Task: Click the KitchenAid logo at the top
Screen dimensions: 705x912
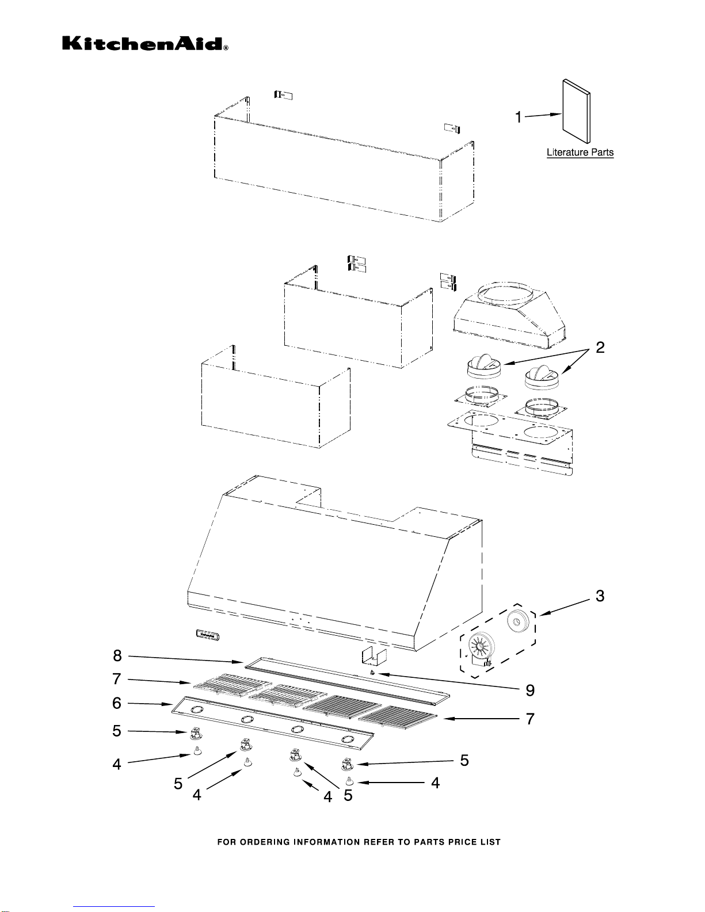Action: tap(145, 43)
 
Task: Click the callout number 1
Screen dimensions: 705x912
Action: tap(519, 117)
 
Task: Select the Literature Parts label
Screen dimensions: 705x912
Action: tap(580, 152)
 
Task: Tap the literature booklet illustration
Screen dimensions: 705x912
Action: tap(576, 111)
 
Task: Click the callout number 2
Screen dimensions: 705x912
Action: tap(600, 347)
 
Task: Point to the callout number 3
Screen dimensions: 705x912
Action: tap(600, 596)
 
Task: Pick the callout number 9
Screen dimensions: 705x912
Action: tap(531, 690)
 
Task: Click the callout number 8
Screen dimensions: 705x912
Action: tap(117, 655)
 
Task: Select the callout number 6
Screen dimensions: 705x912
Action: tap(117, 703)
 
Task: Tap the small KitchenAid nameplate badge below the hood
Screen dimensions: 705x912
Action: tap(208, 635)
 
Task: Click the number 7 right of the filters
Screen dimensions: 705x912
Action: tap(531, 719)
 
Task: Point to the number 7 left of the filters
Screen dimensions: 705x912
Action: tap(117, 678)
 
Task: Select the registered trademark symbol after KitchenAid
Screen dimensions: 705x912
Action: tap(226, 48)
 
